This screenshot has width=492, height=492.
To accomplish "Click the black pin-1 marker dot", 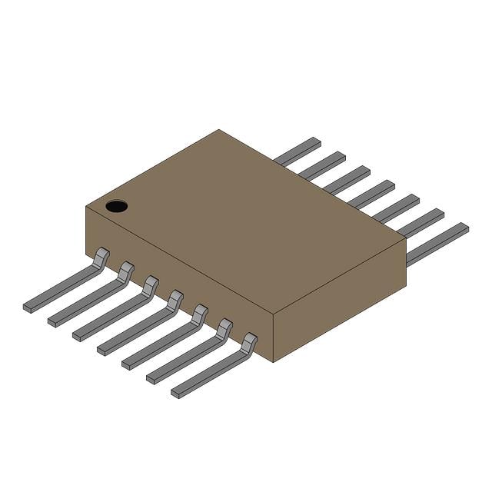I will [116, 206].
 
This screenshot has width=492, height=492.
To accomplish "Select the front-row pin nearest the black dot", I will [65, 284].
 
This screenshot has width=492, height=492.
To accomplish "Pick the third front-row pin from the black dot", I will [115, 311].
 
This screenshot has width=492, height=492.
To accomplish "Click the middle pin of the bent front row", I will [139, 325].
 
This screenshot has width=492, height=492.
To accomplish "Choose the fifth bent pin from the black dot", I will [164, 339].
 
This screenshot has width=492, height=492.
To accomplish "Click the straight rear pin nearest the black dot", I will [298, 151].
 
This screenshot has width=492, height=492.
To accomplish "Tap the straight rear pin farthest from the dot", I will [438, 244].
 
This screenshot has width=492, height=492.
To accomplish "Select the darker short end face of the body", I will [338, 300].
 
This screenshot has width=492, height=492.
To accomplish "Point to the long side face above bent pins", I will [177, 277].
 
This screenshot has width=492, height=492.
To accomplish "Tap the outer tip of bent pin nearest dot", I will [28, 307].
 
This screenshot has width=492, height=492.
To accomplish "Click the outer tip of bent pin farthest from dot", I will [176, 393].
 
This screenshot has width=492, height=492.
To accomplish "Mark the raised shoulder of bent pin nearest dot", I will [101, 257].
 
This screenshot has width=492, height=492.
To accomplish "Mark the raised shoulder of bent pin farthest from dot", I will [249, 342].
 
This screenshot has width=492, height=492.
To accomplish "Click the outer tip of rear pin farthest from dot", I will [463, 228].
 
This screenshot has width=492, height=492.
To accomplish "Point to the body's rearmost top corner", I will [218, 130].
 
